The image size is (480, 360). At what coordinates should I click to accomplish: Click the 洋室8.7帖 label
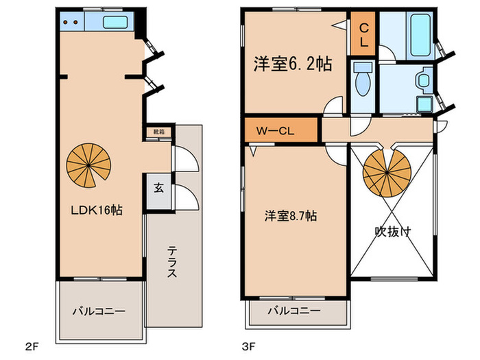[291, 215]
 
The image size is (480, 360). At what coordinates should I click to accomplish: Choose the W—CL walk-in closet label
[276, 130]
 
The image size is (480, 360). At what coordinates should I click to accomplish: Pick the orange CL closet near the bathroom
[363, 34]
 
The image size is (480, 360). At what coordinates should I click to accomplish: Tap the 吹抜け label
[393, 232]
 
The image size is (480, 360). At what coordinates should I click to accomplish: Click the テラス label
[172, 262]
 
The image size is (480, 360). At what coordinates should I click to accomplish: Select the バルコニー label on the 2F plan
[99, 311]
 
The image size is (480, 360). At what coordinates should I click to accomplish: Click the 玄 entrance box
[158, 187]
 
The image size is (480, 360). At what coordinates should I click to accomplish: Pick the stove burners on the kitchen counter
[69, 22]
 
